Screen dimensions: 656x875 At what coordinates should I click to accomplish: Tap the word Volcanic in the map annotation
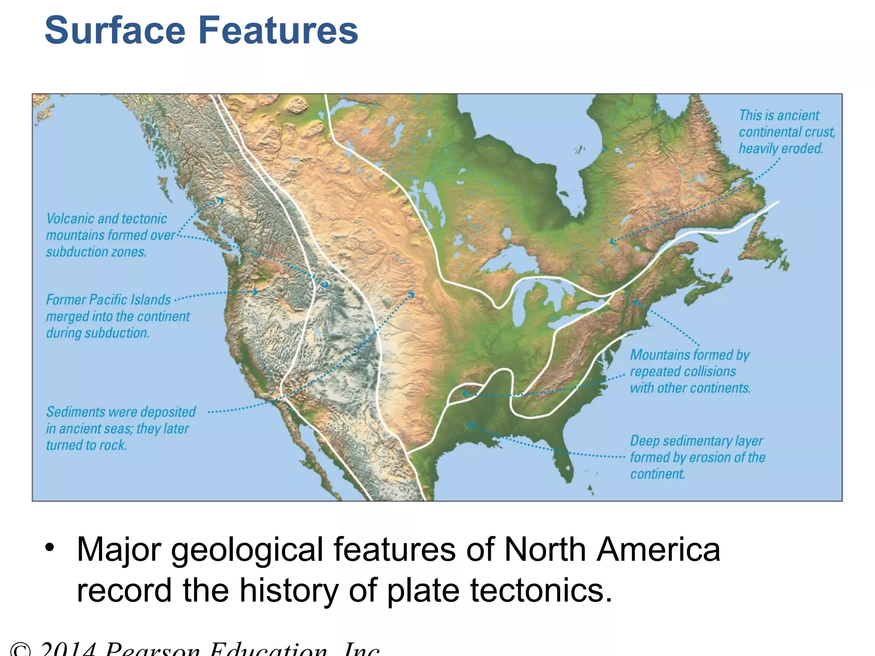pos(70,219)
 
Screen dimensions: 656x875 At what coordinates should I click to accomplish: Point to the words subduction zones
pos(96,252)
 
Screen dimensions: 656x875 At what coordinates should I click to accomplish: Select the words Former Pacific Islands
pos(108,300)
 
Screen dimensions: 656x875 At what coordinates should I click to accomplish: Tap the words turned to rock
pos(86,445)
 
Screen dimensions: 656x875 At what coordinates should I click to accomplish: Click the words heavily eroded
pos(781,149)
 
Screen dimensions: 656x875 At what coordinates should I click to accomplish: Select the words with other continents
pos(690,388)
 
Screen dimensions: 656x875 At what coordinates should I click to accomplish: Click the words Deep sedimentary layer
pos(696,441)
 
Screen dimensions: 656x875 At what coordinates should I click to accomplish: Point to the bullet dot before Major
pos(50,548)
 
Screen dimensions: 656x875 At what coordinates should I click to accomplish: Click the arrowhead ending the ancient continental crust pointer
pos(612,242)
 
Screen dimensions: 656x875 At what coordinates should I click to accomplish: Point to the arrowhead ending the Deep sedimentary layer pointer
pos(470,425)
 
